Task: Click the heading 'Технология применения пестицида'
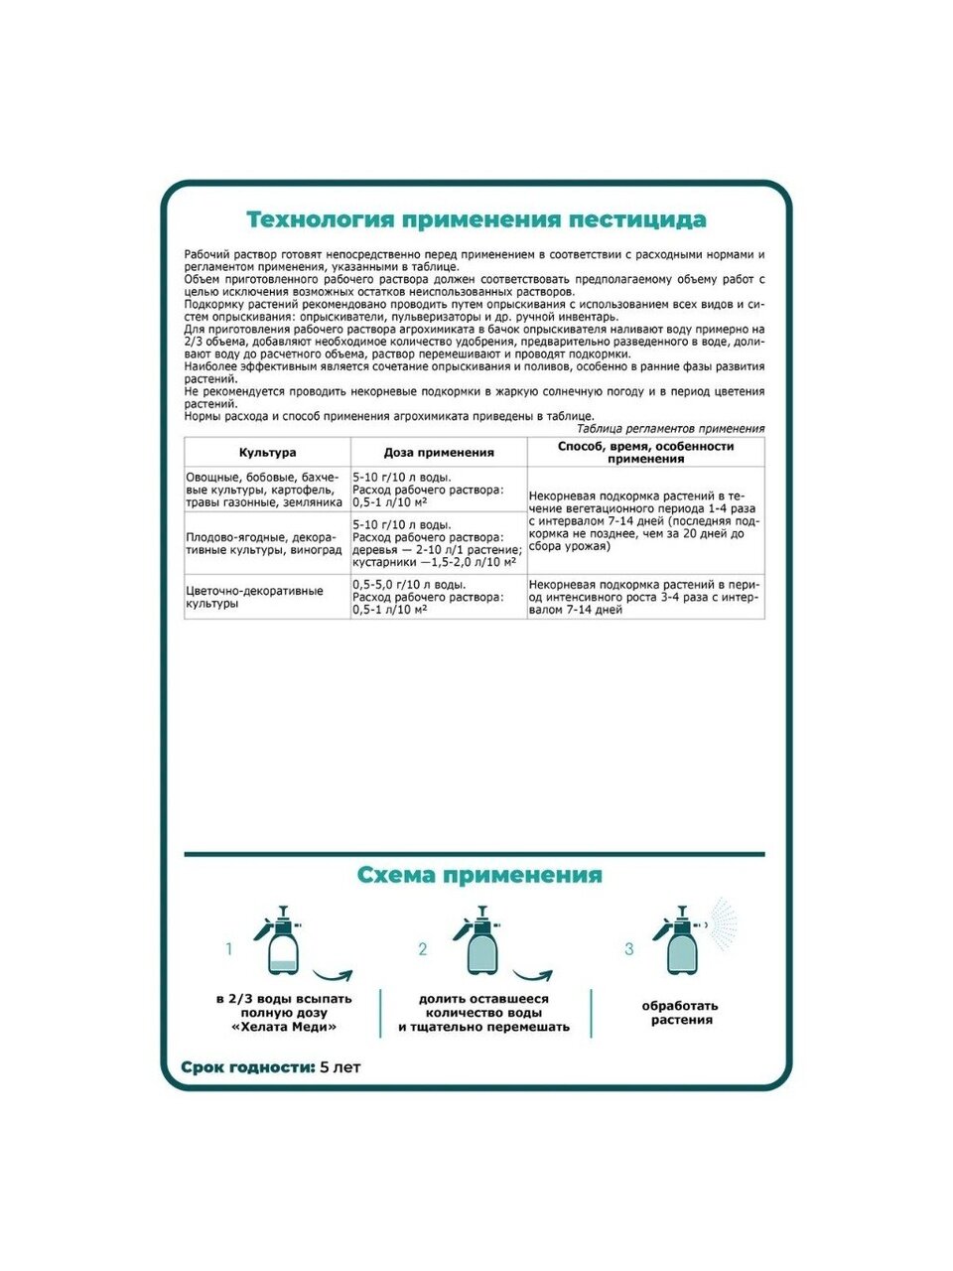coord(476,219)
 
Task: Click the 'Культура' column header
coord(267,453)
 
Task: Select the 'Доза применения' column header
coord(439,453)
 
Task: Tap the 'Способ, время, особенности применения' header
coord(645,453)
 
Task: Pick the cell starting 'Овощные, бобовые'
coord(265,490)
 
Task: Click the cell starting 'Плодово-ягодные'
coord(265,543)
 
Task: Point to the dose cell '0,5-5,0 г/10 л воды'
coord(439,597)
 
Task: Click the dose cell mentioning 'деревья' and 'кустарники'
coord(439,543)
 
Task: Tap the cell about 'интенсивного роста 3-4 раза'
coord(645,597)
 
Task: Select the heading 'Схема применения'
coord(478,875)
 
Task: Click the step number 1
coord(229,949)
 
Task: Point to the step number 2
coord(422,949)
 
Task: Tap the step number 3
coord(628,949)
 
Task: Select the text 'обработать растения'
coord(682,1013)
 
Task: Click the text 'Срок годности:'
coord(246,1067)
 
